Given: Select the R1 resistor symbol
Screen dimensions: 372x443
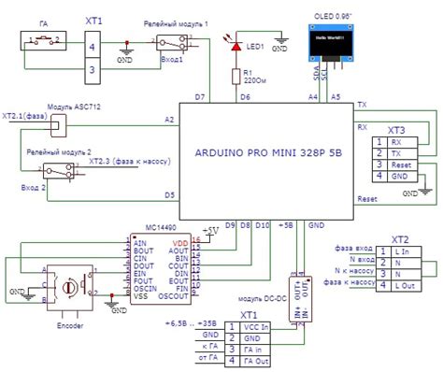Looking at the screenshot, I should click(236, 75).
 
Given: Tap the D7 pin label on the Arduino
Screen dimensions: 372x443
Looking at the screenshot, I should click(200, 97).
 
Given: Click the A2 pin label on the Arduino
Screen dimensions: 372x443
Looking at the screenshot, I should click(169, 121).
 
